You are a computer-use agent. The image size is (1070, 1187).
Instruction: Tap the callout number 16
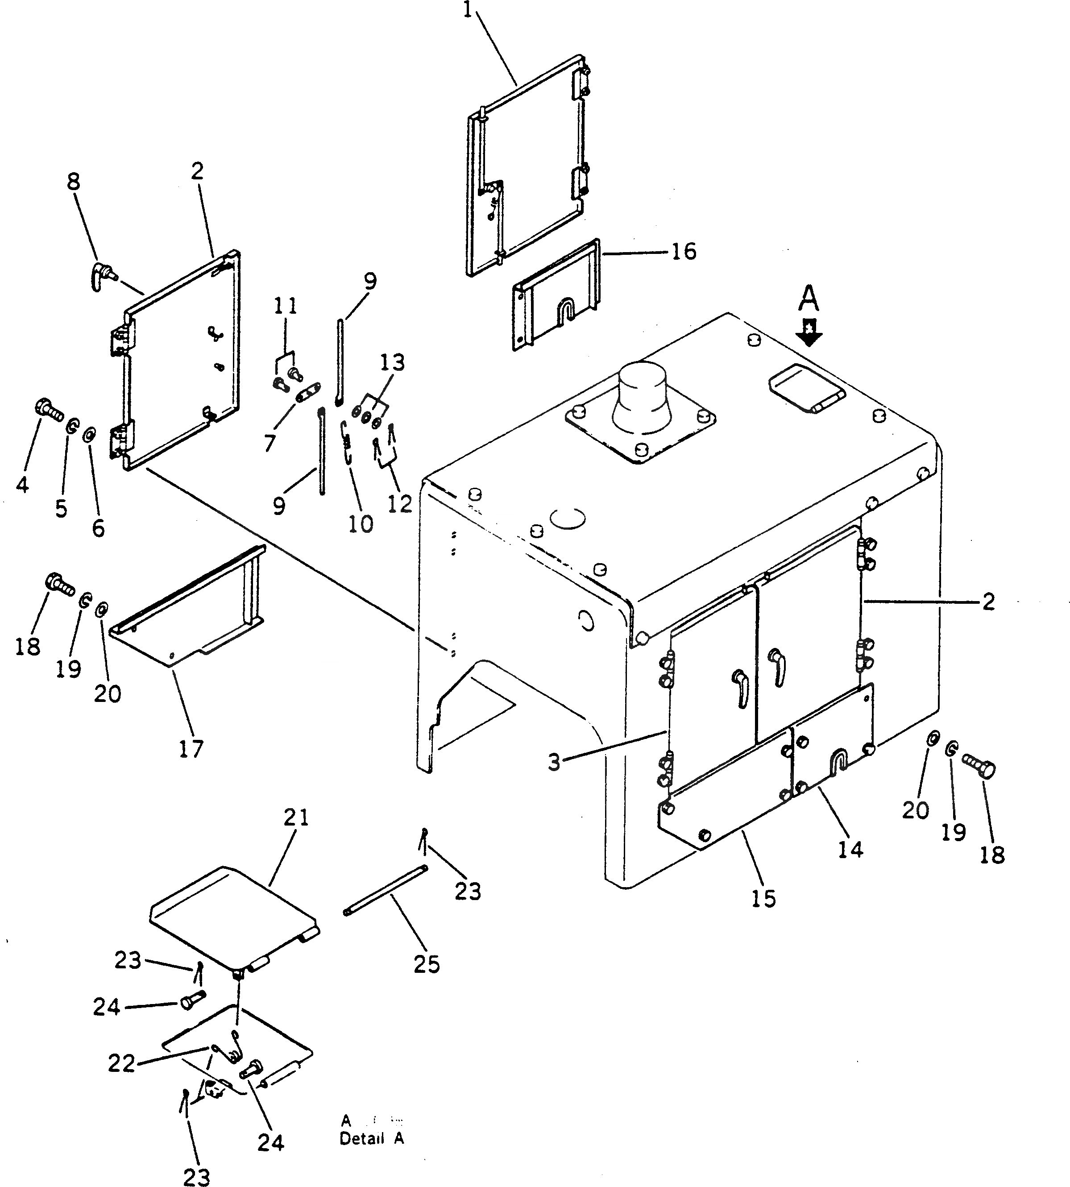[x=683, y=252]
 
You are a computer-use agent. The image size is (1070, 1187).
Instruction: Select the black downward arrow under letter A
[x=809, y=332]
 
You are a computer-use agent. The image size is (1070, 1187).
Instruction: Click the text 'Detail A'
[x=372, y=1138]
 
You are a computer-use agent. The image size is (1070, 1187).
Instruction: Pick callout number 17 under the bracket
[x=191, y=749]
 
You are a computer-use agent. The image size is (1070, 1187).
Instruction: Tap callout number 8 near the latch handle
[x=73, y=182]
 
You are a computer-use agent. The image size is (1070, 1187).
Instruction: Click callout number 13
[x=392, y=362]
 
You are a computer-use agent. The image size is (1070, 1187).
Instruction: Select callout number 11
[x=285, y=306]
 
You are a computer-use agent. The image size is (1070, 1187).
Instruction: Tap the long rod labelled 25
[x=385, y=890]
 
